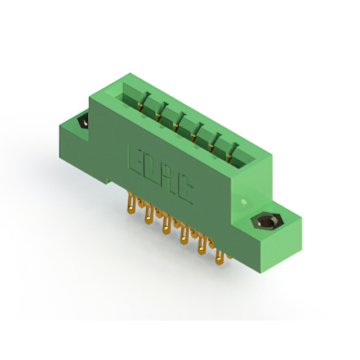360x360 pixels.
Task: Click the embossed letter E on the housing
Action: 137,160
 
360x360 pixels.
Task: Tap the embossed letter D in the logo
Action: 153,169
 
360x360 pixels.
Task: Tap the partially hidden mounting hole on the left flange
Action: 83,121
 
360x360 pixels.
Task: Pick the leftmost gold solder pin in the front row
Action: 131,204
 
